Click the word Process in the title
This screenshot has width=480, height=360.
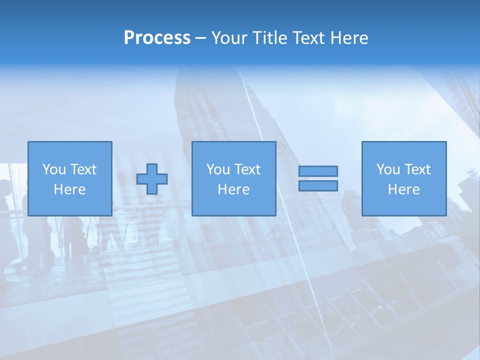coord(157,38)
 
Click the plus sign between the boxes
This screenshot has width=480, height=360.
coord(152,178)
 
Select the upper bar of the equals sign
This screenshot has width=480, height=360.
coord(318,171)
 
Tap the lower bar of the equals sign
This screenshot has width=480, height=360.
coord(318,185)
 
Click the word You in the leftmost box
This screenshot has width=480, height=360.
coord(54,169)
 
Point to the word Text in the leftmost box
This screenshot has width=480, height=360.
coord(83,169)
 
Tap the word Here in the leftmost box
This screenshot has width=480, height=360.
coord(69,189)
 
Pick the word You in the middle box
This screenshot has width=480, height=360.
coord(218,169)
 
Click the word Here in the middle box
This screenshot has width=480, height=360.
coord(233,189)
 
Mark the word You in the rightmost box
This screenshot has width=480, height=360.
coord(388,169)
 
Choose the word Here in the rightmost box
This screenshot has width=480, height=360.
coord(403,189)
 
